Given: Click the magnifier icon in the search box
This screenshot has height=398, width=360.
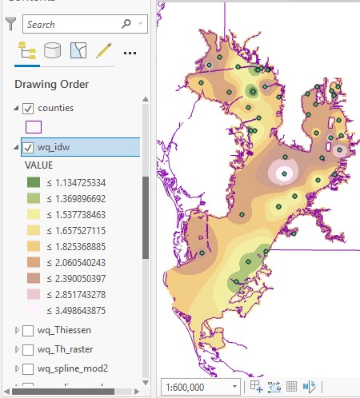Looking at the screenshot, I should click(x=126, y=25).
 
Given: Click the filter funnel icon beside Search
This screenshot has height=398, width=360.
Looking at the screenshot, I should click(x=10, y=25).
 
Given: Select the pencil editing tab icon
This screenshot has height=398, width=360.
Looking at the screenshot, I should click(x=103, y=52).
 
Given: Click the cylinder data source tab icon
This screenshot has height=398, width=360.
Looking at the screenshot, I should click(x=53, y=52).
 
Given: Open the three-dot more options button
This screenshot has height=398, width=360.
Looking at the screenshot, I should click(x=130, y=53).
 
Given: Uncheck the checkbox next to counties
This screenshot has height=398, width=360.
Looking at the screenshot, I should click(x=29, y=108).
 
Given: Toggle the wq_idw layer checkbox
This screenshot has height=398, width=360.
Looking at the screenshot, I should click(x=29, y=147).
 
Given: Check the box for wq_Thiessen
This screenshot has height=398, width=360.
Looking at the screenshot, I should click(x=29, y=330).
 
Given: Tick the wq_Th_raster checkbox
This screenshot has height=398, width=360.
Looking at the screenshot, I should click(x=29, y=349).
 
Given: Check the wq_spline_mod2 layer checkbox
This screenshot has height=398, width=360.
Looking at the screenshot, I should click(x=29, y=368).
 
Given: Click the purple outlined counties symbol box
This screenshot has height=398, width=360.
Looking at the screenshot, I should click(x=34, y=126).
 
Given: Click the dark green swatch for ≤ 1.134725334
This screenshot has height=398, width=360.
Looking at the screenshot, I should click(x=34, y=182).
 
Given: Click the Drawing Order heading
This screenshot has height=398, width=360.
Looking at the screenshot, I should click(x=51, y=84).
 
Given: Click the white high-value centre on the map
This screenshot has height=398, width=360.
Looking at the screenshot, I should click(x=282, y=171).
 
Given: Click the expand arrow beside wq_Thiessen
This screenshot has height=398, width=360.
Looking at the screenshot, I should click(x=18, y=330).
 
